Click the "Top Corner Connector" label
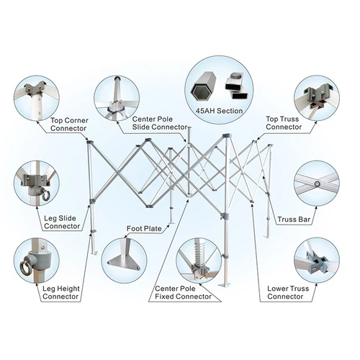pos(69,125)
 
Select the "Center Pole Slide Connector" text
pos(160,123)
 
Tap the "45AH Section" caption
pos(219,111)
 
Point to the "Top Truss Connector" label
pos(284,123)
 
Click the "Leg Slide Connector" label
pos(62,222)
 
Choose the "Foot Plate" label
pos(144,228)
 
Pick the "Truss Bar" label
pos(294,220)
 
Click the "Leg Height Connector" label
pos(61,292)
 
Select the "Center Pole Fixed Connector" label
pos(183,292)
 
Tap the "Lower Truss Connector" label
pos(288,292)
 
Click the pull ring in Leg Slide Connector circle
pos(45,195)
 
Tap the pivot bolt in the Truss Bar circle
pos(318,184)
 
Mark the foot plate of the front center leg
pos(224,284)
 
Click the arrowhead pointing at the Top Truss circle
pos(316,122)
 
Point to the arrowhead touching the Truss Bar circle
pos(316,208)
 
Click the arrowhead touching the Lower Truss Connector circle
pos(316,284)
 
